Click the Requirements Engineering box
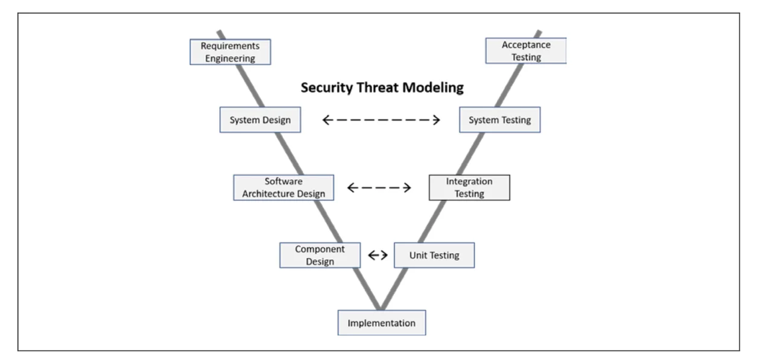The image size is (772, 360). (x=230, y=52)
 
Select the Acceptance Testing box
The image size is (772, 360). (x=526, y=51)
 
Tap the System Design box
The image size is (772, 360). (x=260, y=120)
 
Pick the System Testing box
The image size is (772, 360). (x=499, y=120)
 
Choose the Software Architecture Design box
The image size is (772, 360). (x=283, y=188)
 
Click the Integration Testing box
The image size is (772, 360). (x=469, y=188)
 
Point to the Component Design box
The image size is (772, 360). (x=320, y=255)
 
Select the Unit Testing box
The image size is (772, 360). (x=434, y=255)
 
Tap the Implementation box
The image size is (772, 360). (x=381, y=323)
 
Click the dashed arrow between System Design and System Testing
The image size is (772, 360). (x=381, y=120)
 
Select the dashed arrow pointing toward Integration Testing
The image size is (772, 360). (x=379, y=188)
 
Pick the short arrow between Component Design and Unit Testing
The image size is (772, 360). (x=378, y=255)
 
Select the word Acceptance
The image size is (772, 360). (x=526, y=45)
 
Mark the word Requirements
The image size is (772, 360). (x=230, y=46)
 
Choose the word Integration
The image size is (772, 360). (x=469, y=182)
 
